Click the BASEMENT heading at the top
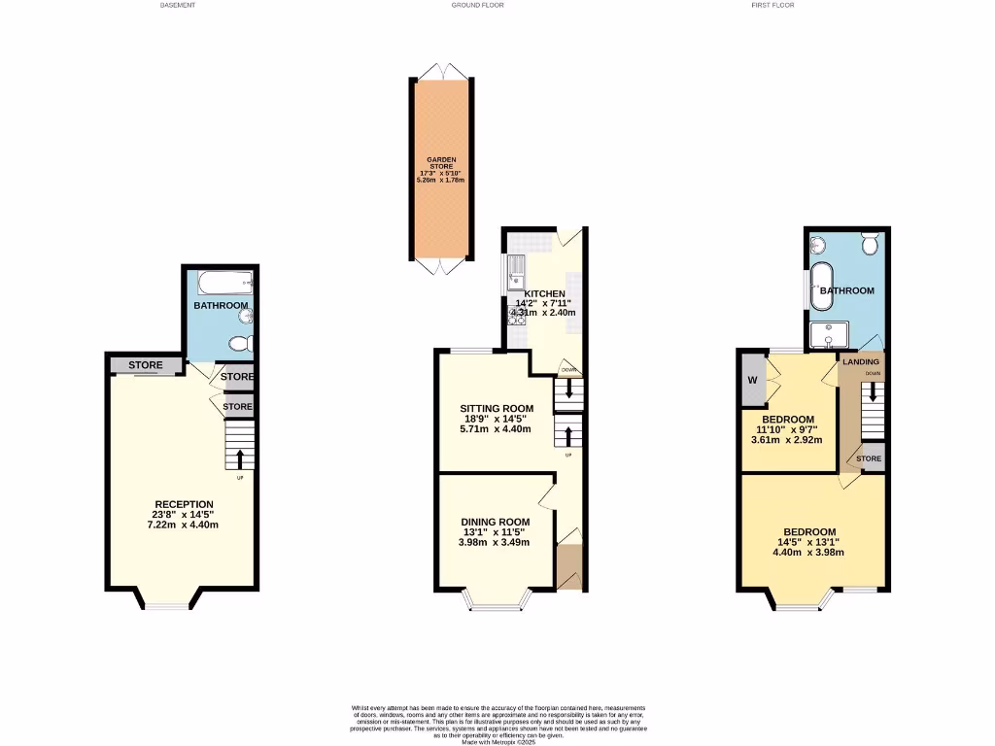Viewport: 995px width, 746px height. tap(178, 5)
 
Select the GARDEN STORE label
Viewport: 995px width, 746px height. tap(441, 163)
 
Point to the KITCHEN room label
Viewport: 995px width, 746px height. tap(544, 293)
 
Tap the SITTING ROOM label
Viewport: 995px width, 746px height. tap(497, 407)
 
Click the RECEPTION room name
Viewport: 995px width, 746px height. tap(184, 504)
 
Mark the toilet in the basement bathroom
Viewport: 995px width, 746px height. tap(240, 342)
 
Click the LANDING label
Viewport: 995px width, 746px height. tap(861, 362)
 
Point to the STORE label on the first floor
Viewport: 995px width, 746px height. tap(870, 458)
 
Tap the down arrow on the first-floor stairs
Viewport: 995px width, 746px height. tap(872, 392)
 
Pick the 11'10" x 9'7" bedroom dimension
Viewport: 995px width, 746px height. tap(787, 429)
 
